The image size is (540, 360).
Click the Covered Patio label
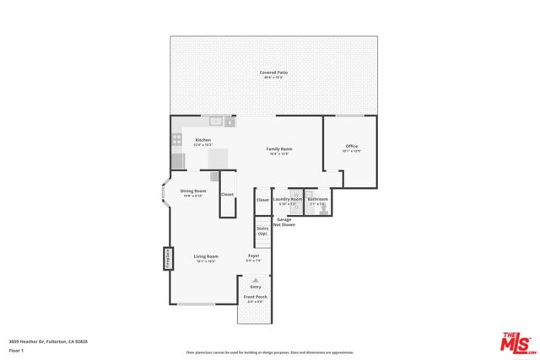tap(273, 73)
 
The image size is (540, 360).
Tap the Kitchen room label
tap(203, 140)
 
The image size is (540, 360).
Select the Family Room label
tap(279, 149)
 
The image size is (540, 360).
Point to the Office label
tap(352, 147)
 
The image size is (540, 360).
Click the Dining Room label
tap(193, 191)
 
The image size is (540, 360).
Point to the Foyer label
tap(253, 256)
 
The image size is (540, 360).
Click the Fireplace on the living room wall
tap(168, 258)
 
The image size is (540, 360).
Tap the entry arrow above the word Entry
tap(256, 279)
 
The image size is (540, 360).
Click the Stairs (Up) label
tap(262, 230)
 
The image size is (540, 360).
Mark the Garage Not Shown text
tap(286, 222)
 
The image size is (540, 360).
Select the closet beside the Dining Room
tap(227, 195)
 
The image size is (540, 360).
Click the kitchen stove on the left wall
tap(178, 160)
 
